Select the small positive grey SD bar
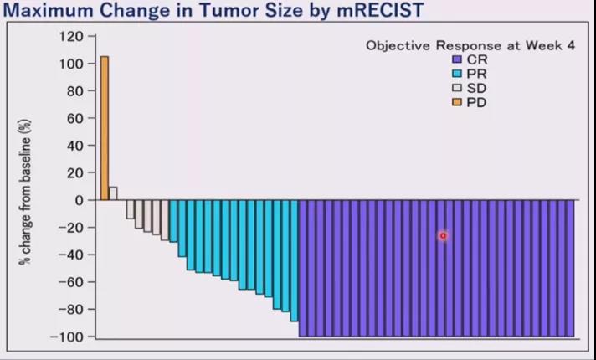(113, 193)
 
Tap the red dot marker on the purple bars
(443, 236)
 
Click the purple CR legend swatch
(456, 60)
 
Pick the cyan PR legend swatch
(456, 75)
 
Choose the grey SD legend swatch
(456, 88)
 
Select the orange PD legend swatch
(456, 102)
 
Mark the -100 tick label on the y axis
(69, 337)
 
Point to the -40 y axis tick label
(72, 255)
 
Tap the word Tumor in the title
(219, 11)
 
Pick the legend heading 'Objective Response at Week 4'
(470, 45)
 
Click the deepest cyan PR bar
(294, 260)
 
